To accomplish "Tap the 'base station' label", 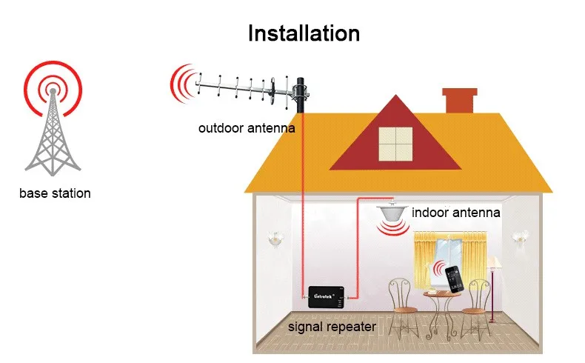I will tap(55, 194).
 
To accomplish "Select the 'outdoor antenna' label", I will tap(247, 128).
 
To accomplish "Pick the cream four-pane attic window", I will tap(395, 144).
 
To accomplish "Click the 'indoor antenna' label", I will tap(456, 213).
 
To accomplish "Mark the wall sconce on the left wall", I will tap(276, 237).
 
